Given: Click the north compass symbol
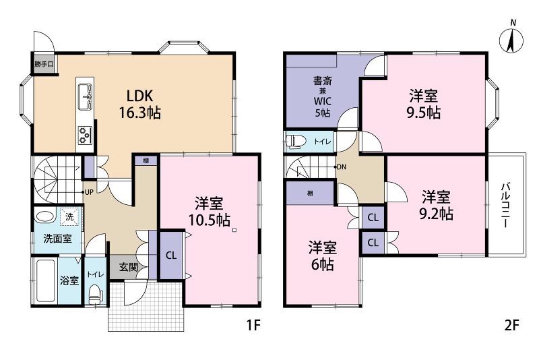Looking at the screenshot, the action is point(511,38).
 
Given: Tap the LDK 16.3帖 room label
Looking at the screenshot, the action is point(140,104).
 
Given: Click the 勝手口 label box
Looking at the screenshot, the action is point(44,64).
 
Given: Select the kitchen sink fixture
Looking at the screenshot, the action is point(85,97).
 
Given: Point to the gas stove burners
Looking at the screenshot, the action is point(85,135).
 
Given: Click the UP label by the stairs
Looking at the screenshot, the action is point(89,192).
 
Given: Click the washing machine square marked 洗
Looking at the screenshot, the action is point(69,217).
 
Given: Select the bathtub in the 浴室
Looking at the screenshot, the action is point(46,280).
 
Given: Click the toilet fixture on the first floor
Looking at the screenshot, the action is point(96,295).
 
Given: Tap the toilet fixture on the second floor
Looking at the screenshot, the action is point(295,142).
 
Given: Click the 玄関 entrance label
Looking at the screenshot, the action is point(129,267).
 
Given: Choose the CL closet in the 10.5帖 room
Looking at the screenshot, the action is point(171,256).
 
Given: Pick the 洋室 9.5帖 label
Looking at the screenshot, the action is point(424,104).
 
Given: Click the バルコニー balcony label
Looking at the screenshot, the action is point(505,205).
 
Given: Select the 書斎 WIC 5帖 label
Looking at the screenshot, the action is point(323,96).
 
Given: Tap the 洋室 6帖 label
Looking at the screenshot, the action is point(322,256).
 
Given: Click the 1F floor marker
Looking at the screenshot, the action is point(254,325).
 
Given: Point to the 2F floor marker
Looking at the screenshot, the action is point(512,325).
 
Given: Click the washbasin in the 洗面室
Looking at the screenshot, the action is point(44,217).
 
